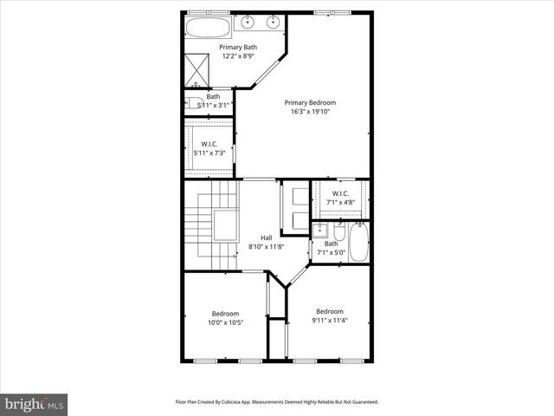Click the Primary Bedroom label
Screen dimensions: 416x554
coord(310,102)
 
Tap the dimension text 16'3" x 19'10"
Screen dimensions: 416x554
coord(310,112)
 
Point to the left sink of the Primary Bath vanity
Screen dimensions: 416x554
coord(248,23)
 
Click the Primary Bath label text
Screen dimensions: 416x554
coord(237,47)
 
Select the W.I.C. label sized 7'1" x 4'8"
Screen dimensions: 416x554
coord(339,193)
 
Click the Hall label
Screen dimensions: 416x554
coord(267,237)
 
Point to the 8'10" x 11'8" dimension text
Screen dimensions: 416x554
coord(267,247)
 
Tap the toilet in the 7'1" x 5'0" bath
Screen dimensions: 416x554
coord(338,233)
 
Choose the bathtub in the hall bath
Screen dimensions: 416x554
coord(360,244)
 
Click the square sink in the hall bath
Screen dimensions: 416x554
coord(319,230)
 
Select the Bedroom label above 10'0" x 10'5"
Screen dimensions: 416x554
coord(225,313)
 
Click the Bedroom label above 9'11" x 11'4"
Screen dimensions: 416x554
coord(329,311)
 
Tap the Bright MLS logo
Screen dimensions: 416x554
coord(35,404)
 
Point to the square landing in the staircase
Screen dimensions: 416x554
coord(226,223)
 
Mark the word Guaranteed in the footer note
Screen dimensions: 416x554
coord(362,402)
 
